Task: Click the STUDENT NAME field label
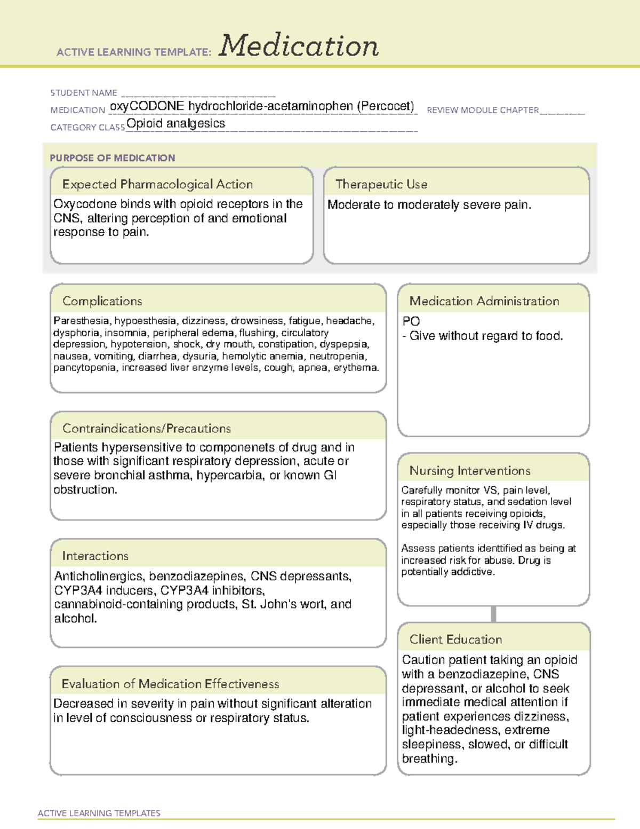(84, 93)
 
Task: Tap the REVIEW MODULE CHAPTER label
(483, 110)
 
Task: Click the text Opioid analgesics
(176, 123)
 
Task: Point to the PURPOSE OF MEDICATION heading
(113, 158)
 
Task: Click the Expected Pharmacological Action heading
(157, 184)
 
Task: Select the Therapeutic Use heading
(381, 184)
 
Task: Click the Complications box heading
(102, 301)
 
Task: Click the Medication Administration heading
(484, 301)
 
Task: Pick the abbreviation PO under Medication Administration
(411, 321)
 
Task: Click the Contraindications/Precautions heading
(147, 428)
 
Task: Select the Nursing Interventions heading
(470, 470)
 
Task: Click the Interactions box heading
(95, 556)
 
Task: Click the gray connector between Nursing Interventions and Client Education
(493, 614)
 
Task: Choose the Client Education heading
(455, 639)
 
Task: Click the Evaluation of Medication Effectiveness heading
(170, 684)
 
